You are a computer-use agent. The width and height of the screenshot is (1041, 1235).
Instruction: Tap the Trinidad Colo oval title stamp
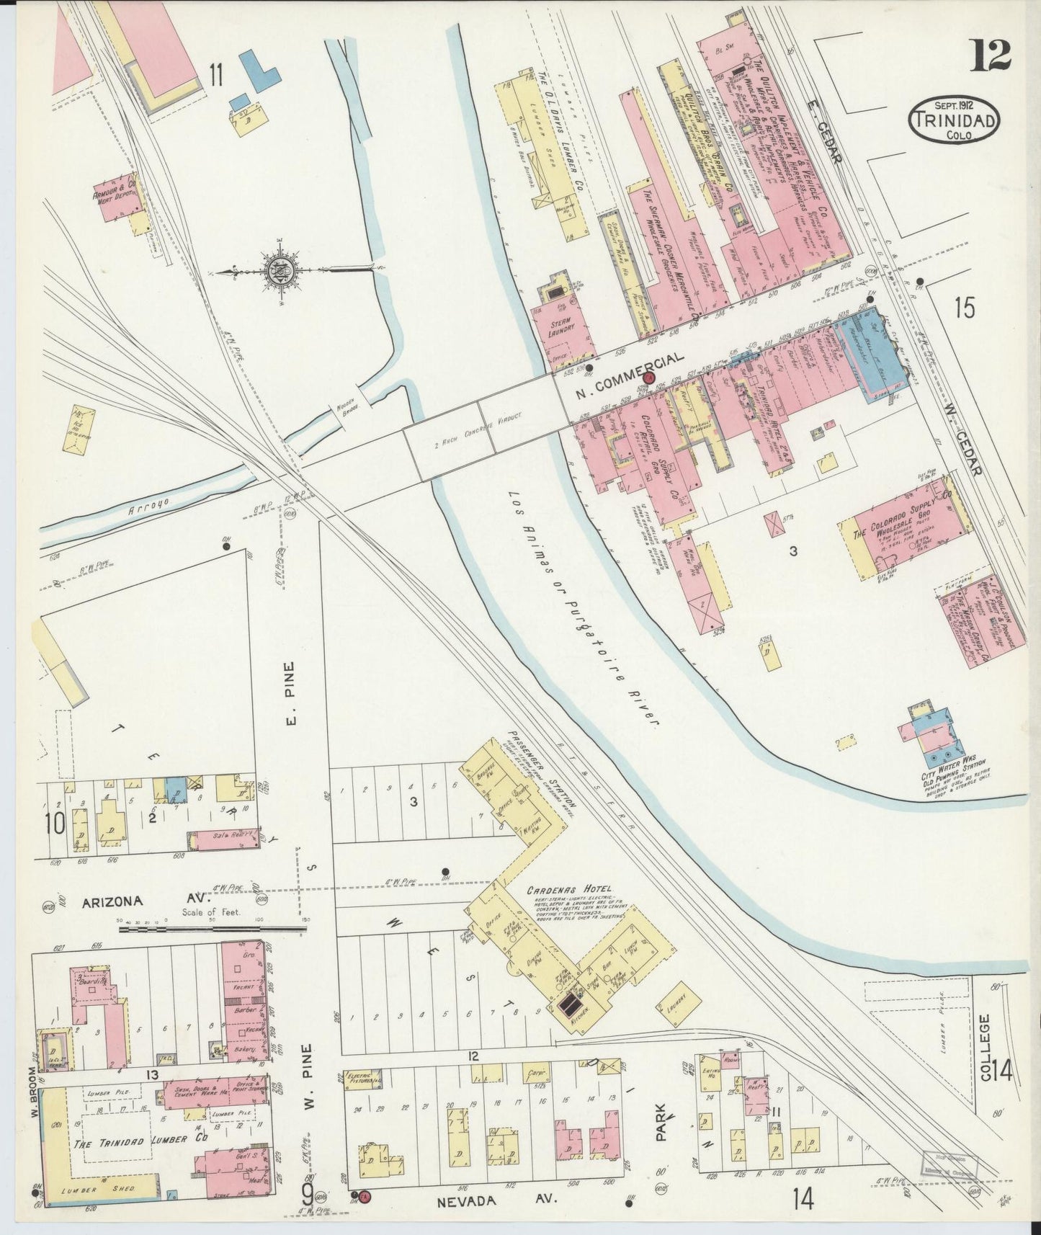[x=954, y=120]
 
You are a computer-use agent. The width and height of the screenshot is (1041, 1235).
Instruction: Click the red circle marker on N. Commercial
[x=649, y=378]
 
